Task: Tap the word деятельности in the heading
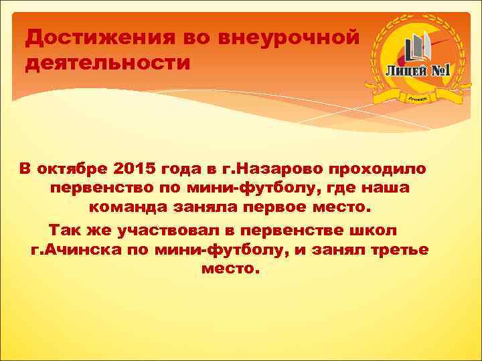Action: pyautogui.click(x=108, y=64)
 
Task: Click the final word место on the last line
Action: pyautogui.click(x=228, y=270)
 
